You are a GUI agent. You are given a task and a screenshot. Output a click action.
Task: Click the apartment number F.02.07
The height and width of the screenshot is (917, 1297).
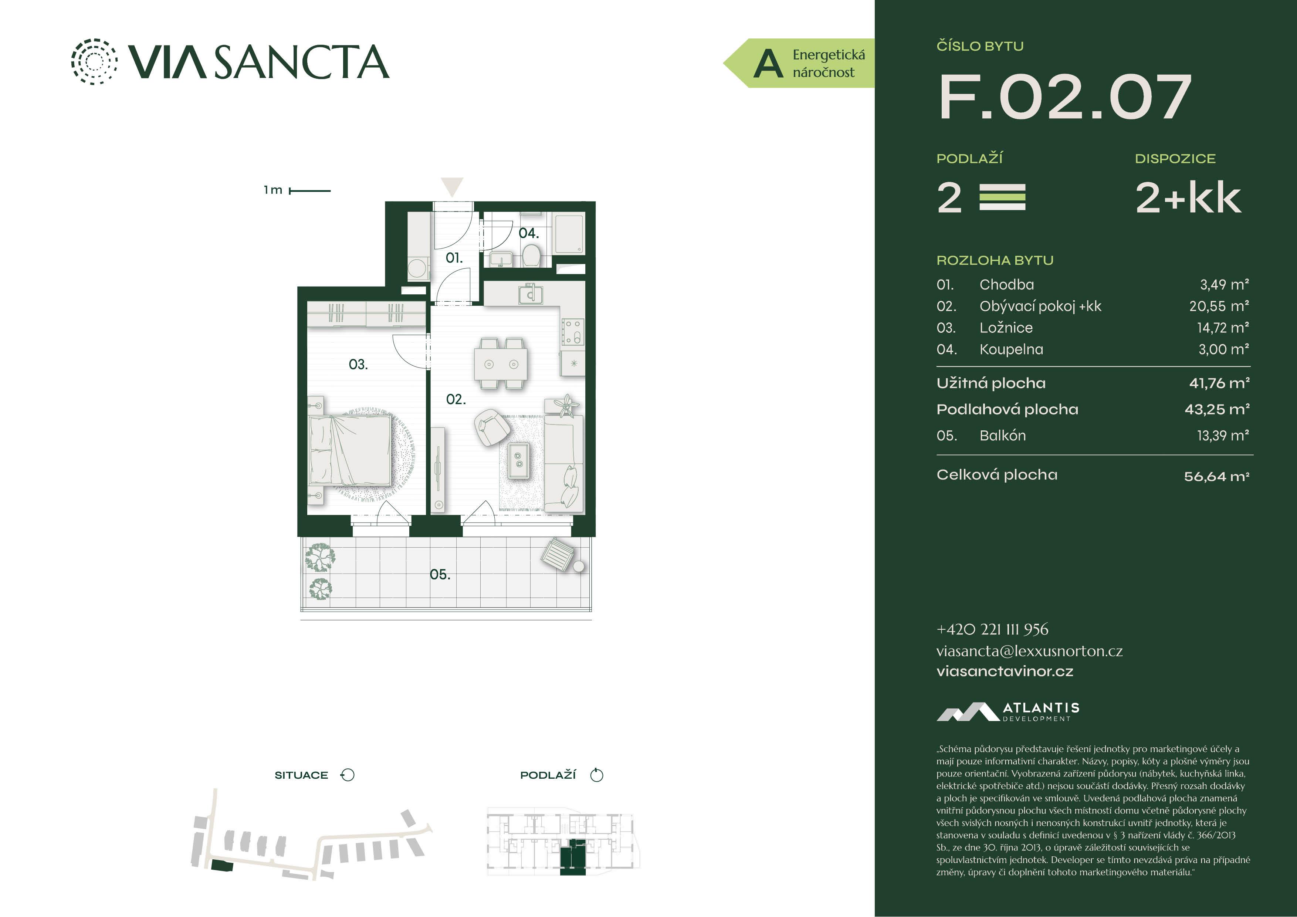pos(1065,97)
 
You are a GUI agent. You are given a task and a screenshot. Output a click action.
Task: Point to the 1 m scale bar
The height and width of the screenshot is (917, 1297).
pos(309,191)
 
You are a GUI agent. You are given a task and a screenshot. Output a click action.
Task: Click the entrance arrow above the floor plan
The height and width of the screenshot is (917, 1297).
pos(452,186)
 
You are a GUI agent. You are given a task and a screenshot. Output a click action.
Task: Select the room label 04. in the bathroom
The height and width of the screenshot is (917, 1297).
pos(529,233)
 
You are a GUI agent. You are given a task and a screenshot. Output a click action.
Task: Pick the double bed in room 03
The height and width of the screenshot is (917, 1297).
pos(350,450)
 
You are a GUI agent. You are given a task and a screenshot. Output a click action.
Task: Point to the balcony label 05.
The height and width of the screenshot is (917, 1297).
pos(440,575)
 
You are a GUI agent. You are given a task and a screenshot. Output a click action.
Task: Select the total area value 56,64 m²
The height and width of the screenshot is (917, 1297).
pos(1217,476)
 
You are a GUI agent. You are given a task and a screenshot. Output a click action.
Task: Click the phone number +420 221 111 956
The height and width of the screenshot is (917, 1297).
pos(992,629)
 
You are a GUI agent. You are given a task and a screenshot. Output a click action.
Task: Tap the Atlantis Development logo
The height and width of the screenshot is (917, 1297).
pos(1008,712)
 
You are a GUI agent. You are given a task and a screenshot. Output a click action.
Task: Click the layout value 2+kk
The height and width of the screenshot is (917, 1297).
pos(1189,198)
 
